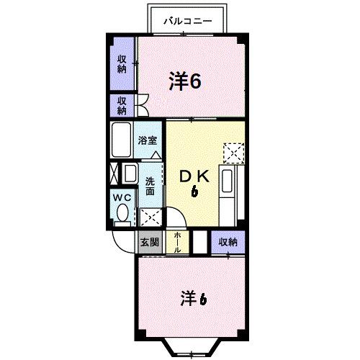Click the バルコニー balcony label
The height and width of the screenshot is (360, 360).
187,22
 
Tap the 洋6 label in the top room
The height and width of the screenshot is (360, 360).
185,81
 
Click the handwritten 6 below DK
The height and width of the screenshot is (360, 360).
194,192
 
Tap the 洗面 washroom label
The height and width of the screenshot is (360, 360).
150,186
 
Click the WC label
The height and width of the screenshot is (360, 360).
121,197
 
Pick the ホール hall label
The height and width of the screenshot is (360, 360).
177,241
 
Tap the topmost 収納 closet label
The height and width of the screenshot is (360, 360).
122,64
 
